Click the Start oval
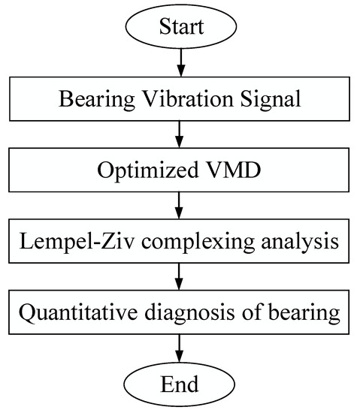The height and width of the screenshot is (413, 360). point(180,29)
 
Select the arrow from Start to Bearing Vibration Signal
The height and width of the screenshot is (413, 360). point(180,65)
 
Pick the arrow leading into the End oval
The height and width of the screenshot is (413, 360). point(180,347)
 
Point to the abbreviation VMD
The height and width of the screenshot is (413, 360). point(231,170)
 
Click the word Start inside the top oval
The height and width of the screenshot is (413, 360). point(180,29)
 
